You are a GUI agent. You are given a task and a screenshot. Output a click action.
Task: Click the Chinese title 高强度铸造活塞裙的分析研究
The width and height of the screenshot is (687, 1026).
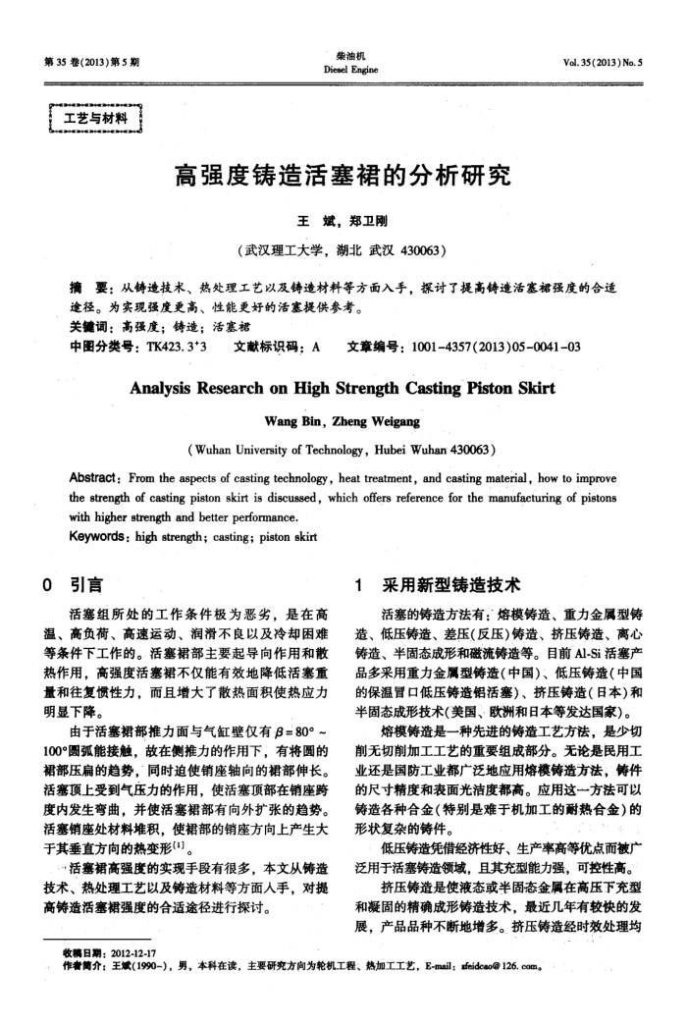click(x=342, y=177)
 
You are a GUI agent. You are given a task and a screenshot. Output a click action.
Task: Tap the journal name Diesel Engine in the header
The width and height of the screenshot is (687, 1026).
click(x=342, y=70)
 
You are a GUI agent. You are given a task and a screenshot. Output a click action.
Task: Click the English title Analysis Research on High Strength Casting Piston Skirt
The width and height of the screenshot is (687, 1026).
click(x=342, y=388)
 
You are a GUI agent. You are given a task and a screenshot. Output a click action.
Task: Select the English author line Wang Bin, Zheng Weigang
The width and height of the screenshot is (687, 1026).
click(x=342, y=421)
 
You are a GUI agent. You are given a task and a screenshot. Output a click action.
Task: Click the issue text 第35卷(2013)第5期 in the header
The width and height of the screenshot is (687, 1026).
click(x=91, y=61)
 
